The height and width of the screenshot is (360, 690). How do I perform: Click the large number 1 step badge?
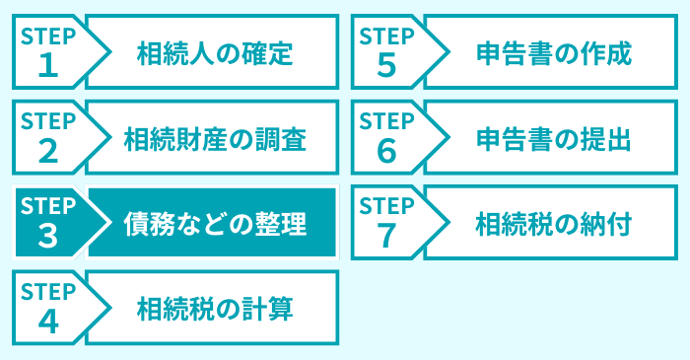point(46,64)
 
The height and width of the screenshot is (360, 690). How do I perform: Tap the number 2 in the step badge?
point(47,150)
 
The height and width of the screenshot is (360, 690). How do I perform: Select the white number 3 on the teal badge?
point(47,235)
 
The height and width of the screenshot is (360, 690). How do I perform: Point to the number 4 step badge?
point(47,321)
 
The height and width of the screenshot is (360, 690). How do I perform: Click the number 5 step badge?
point(386,64)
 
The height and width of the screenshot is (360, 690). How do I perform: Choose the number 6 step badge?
point(386,150)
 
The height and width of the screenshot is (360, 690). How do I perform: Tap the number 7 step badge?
point(386,235)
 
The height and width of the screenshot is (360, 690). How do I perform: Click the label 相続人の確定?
point(214,52)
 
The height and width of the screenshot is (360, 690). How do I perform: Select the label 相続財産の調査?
point(214,138)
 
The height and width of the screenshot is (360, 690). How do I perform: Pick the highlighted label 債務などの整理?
point(214,223)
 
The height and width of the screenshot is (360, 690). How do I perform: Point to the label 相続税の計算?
point(214,309)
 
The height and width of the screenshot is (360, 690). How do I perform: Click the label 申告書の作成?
point(552,52)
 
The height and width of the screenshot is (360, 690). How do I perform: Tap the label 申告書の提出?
point(552,138)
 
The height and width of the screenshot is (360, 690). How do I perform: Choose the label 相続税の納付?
point(552,223)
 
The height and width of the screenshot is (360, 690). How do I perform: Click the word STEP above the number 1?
point(47,36)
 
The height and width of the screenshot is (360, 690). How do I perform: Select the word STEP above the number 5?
point(386,36)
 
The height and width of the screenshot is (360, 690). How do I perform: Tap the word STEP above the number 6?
point(386,121)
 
